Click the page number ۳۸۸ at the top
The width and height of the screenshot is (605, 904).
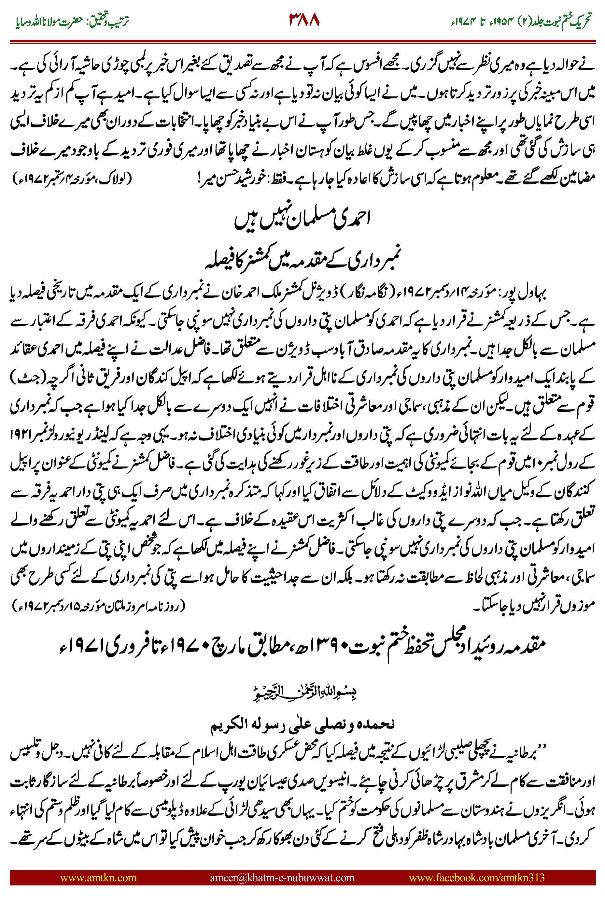point(304,19)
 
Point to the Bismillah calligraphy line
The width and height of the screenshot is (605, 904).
point(304,692)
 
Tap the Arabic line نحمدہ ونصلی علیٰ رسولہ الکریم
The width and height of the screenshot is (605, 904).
point(302,723)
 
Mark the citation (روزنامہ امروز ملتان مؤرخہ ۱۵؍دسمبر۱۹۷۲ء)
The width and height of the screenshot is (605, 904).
point(98,606)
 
